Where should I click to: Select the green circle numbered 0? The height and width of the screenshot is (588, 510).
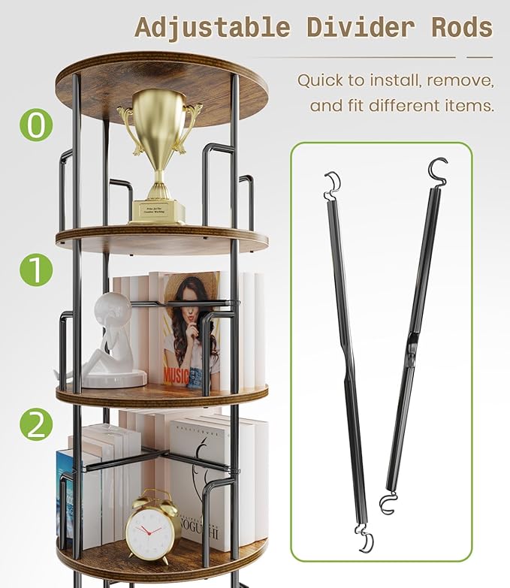tap(36, 125)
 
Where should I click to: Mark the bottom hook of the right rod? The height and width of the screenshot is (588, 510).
tap(388, 503)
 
